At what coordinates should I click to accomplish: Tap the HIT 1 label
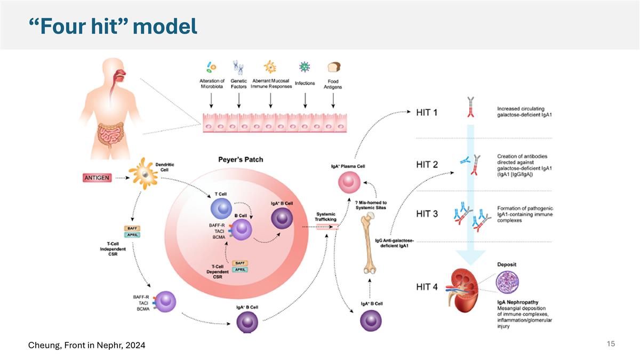coord(427,113)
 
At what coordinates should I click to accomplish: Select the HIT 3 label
coord(427,213)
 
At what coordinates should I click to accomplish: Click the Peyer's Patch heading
coord(241,159)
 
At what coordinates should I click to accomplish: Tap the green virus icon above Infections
coord(305,67)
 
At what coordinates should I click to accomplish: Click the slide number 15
coord(611,344)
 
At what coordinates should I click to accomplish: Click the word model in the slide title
coord(165,26)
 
